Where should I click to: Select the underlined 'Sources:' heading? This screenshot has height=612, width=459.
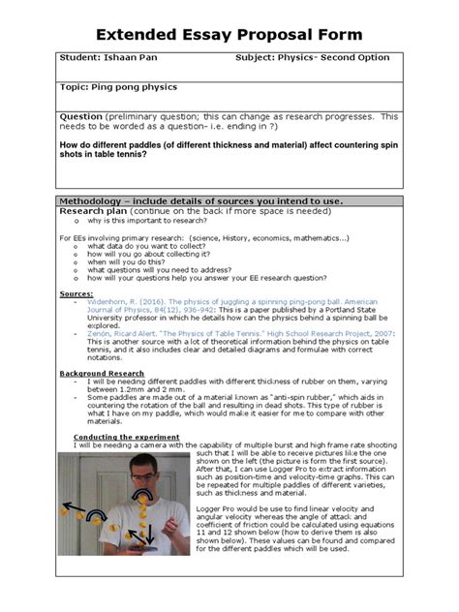(x=76, y=291)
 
